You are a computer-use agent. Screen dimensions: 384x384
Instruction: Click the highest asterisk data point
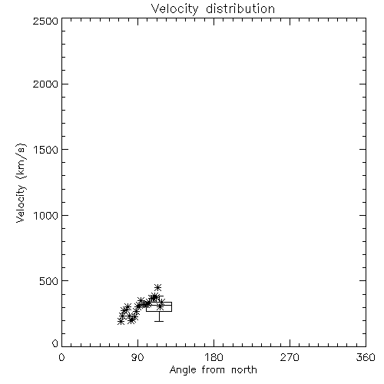pos(158,287)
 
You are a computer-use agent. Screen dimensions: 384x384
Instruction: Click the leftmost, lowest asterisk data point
pos(121,321)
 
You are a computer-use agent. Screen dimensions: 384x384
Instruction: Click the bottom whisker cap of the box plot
pos(159,321)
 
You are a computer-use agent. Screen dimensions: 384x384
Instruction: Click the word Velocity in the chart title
pos(174,9)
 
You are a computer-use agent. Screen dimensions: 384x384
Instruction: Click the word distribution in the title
pos(240,8)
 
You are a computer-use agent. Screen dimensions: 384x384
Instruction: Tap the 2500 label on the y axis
pos(45,21)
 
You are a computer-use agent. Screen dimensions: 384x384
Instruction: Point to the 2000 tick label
pos(45,84)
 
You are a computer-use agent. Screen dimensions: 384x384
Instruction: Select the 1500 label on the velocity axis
pos(46,150)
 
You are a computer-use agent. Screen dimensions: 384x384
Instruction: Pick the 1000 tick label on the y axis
pos(46,216)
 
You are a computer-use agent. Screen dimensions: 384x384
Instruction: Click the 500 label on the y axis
pos(49,281)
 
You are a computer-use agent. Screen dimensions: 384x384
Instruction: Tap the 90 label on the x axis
pos(137,357)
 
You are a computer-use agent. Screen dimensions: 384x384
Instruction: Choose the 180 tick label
pos(214,357)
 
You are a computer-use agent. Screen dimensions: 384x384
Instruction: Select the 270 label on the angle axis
pos(290,357)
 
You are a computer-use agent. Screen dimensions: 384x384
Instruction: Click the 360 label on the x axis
pos(366,357)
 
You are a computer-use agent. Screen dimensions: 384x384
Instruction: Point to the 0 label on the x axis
pos(61,357)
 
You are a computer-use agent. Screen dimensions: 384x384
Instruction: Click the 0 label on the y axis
pos(55,343)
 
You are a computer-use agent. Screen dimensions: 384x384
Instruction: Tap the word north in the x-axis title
pos(244,370)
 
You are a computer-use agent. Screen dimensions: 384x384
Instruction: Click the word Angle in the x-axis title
pos(183,370)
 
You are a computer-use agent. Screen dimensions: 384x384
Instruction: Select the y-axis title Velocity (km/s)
pos(21,183)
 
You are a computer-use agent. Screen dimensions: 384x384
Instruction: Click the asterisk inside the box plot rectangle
pos(160,306)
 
